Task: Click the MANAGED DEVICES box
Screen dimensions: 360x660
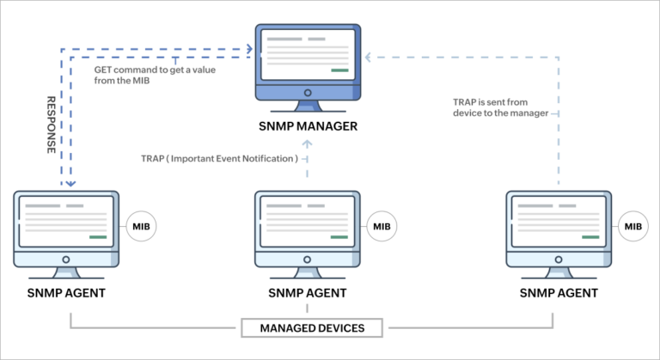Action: (x=313, y=327)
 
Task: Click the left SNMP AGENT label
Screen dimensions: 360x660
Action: (x=66, y=293)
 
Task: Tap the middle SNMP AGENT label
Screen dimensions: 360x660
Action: (x=307, y=293)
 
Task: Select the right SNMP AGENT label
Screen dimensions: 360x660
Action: (x=559, y=293)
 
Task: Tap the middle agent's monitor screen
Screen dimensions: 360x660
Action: (x=307, y=221)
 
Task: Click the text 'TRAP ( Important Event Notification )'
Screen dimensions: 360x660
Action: (x=220, y=158)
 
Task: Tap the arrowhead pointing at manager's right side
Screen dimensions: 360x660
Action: (x=367, y=58)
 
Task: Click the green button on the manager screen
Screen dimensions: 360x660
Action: (x=339, y=70)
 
